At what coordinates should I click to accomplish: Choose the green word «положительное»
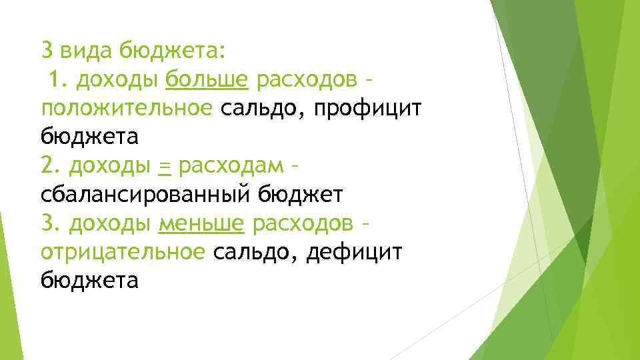[127, 109]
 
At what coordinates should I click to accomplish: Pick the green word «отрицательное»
[123, 252]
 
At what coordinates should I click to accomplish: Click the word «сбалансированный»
[140, 195]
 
